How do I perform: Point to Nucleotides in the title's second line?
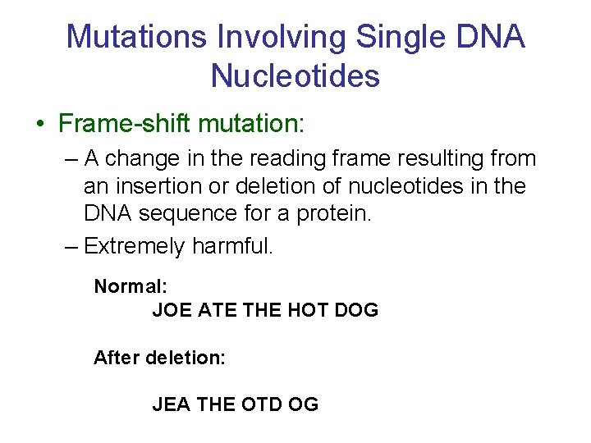pos(295,75)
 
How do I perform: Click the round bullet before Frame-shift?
pos(39,125)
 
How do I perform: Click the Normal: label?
pos(131,286)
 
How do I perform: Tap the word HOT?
pos(308,310)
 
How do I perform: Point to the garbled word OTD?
pos(262,404)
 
